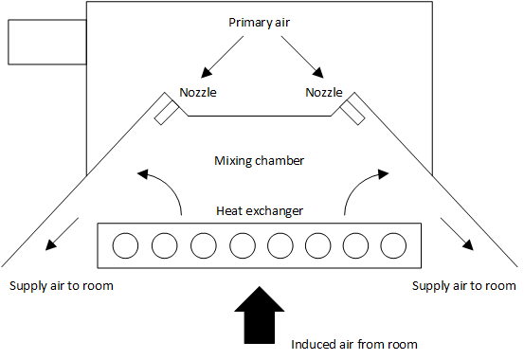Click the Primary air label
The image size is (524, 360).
[259, 23]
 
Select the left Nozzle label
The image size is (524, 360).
[198, 92]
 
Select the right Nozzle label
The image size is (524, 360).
[324, 92]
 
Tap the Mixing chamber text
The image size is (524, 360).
[259, 161]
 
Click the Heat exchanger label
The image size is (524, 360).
[260, 211]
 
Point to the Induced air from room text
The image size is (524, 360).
[354, 344]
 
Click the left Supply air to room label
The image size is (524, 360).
[62, 286]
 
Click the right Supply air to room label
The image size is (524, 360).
[464, 286]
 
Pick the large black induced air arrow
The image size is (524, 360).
[260, 315]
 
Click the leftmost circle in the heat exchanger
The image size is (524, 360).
[125, 245]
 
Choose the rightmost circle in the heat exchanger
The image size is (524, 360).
[393, 245]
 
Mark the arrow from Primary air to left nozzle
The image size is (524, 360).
[223, 57]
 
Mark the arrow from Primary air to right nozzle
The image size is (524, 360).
[302, 57]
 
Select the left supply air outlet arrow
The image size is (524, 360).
[62, 234]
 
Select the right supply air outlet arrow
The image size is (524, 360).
[457, 234]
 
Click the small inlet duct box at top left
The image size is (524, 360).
[47, 42]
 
